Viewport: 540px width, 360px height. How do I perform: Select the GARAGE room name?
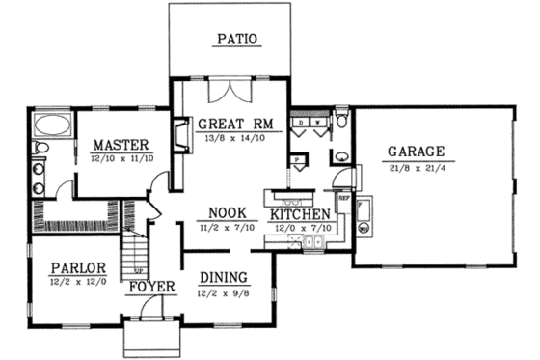416,152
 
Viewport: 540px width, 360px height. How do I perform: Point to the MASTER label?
115,144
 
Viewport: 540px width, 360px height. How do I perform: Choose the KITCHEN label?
301,213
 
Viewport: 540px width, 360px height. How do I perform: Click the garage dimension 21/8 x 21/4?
416,168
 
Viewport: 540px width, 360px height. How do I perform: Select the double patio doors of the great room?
230,94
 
